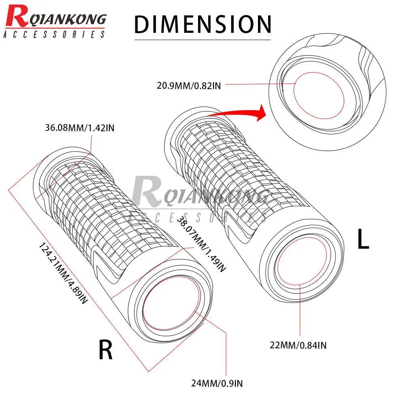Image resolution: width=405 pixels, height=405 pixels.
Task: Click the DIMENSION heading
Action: point(202,24)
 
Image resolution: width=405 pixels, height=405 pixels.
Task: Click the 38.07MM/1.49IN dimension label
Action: point(200,243)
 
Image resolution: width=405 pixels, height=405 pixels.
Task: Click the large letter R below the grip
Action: point(106,350)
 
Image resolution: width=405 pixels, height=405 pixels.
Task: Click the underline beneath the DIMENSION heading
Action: point(202,39)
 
